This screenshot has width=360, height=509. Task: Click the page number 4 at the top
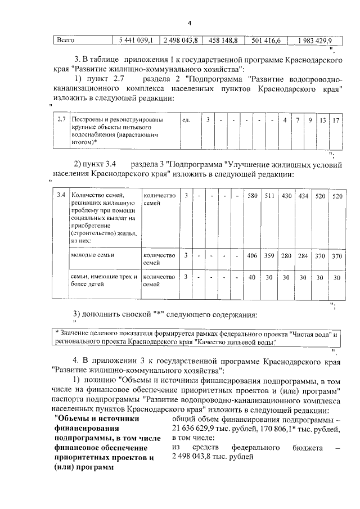pos(190,23)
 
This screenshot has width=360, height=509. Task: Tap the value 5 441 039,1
pos(136,40)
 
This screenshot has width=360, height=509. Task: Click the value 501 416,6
pos(267,40)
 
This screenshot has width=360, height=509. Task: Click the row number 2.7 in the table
pos(62,120)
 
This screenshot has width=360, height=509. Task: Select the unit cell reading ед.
pos(187,120)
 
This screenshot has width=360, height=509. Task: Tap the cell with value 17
pos(336,120)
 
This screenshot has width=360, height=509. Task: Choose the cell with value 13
pos(323,120)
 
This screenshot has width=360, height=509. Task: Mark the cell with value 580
pos(252,196)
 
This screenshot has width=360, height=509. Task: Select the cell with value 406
pos(252,255)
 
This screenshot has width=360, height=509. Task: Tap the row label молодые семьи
pos(92,255)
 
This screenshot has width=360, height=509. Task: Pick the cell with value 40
pos(252,277)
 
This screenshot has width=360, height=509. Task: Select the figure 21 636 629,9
pos(197,429)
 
